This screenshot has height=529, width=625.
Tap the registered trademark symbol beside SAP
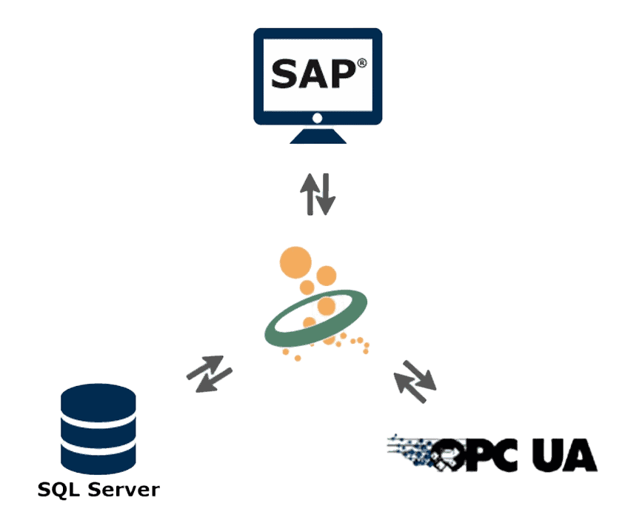pyautogui.click(x=361, y=64)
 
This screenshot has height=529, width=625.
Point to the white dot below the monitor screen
pyautogui.click(x=318, y=119)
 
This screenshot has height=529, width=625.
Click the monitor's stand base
pyautogui.click(x=318, y=137)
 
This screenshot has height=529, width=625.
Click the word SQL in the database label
pyautogui.click(x=59, y=490)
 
